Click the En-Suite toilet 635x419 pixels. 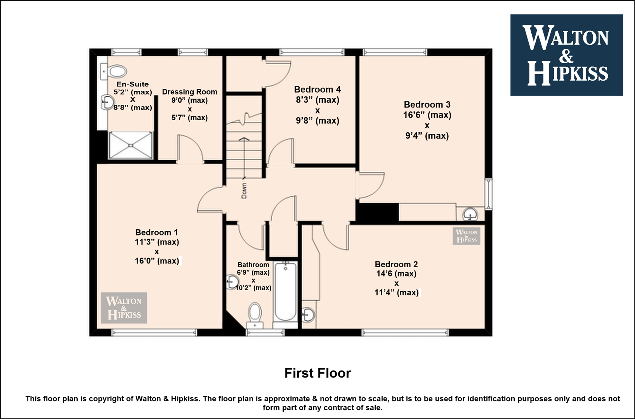(113, 71)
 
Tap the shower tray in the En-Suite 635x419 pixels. (131, 145)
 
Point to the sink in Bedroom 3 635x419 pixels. (470, 214)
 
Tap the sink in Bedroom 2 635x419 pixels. (308, 315)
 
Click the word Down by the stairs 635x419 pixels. (244, 190)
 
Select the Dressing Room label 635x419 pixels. (190, 92)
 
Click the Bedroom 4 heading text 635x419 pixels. (317, 89)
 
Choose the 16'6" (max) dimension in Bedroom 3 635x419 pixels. (427, 115)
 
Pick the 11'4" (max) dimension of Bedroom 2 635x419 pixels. (397, 293)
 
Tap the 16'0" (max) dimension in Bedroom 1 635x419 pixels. (157, 261)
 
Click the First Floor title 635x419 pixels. (317, 373)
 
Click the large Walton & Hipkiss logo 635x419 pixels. (566, 55)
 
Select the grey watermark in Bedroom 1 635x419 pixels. (124, 308)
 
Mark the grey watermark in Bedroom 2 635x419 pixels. (466, 236)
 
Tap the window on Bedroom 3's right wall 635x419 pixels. (488, 194)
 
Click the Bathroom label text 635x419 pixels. (253, 265)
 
